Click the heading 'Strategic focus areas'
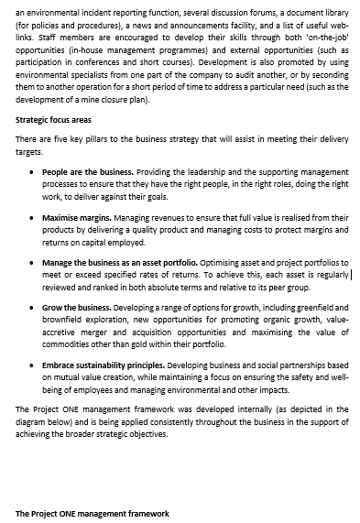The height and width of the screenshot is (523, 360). pyautogui.click(x=54, y=120)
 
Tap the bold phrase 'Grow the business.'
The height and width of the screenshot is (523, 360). pyautogui.click(x=76, y=307)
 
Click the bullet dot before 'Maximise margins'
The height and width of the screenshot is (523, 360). pyautogui.click(x=34, y=217)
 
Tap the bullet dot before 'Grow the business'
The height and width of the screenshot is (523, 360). pyautogui.click(x=34, y=307)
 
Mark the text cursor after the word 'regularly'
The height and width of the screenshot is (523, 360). pyautogui.click(x=351, y=274)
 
